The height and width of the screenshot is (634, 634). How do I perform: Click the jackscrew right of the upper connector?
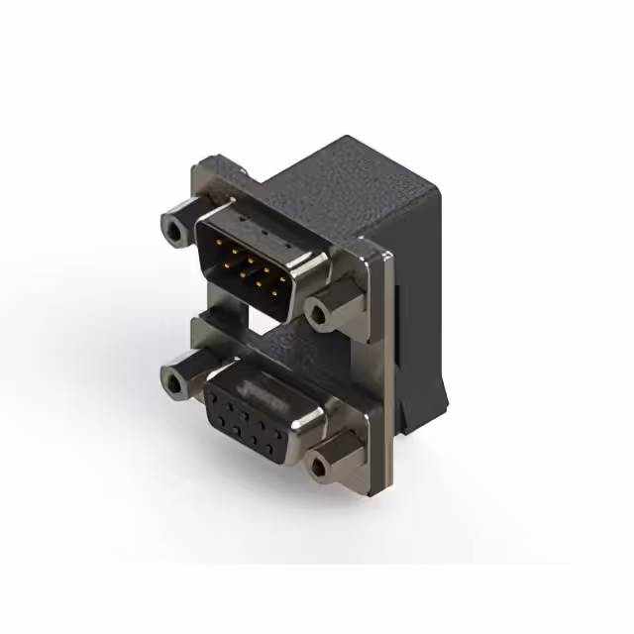(323, 313)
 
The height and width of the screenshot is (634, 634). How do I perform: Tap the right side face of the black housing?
(421, 297)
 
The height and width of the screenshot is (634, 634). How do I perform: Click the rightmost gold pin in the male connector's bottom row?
(280, 290)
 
